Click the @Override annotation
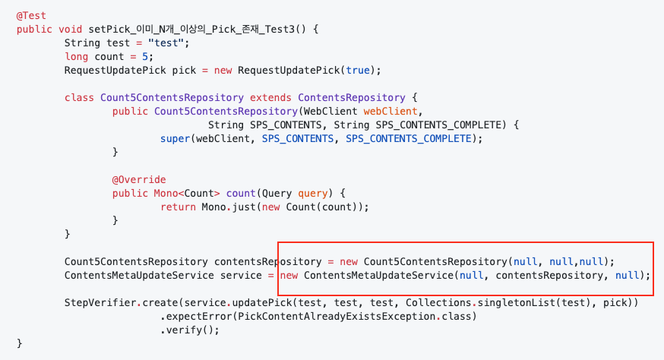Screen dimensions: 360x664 [x=138, y=180]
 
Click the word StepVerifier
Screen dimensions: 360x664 [x=101, y=303]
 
